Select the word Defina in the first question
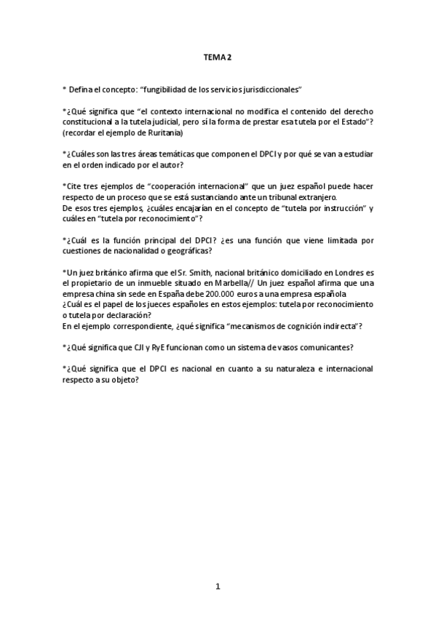(x=80, y=89)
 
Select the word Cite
(x=74, y=188)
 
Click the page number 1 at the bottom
(x=218, y=586)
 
